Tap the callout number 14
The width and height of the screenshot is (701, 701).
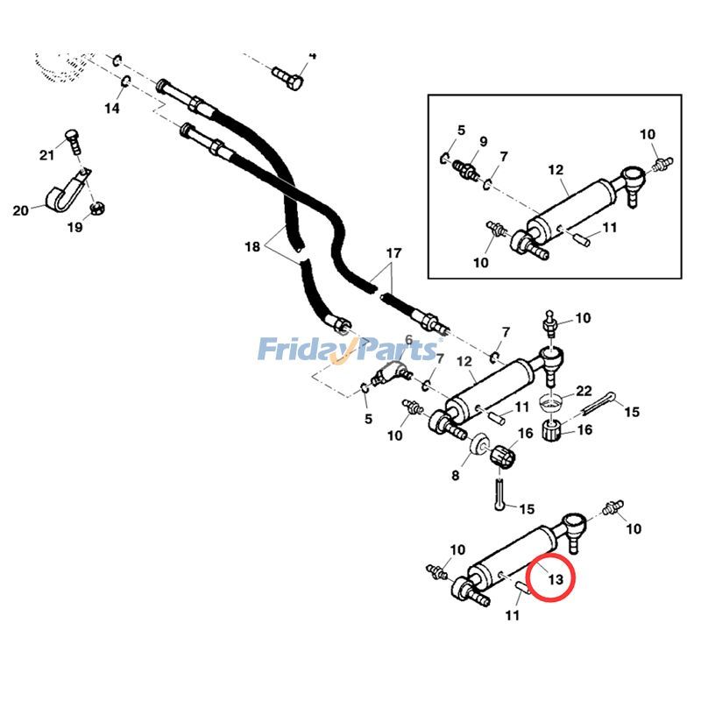pyautogui.click(x=112, y=108)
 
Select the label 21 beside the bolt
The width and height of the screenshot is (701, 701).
pyautogui.click(x=46, y=155)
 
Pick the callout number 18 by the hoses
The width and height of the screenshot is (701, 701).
pyautogui.click(x=252, y=247)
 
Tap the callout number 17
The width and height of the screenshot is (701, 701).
pyautogui.click(x=393, y=254)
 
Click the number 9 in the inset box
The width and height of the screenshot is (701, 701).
pyautogui.click(x=483, y=142)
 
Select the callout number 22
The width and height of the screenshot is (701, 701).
pyautogui.click(x=584, y=392)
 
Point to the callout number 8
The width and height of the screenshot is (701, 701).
pyautogui.click(x=456, y=476)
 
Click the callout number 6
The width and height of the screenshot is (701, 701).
pyautogui.click(x=408, y=340)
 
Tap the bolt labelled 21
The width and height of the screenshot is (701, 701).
pyautogui.click(x=74, y=143)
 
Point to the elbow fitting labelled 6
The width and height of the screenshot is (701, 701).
pyautogui.click(x=386, y=377)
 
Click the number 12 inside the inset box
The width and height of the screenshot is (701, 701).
pyautogui.click(x=555, y=170)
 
